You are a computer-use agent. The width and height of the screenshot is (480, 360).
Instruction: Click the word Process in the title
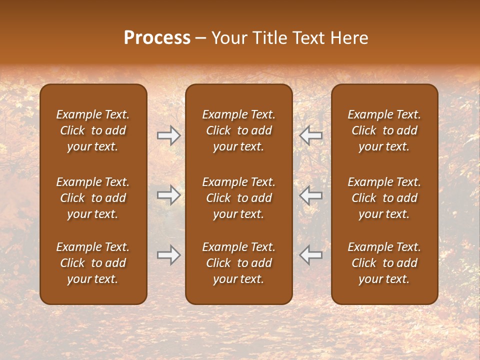click(157, 38)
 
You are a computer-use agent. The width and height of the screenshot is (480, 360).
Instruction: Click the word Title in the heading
click(268, 38)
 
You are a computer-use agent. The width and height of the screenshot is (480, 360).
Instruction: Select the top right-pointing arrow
click(168, 135)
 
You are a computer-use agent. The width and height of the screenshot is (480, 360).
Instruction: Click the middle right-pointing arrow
click(168, 195)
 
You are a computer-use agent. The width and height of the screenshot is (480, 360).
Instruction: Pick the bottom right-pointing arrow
click(168, 255)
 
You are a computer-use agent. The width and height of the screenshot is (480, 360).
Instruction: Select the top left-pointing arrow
click(311, 135)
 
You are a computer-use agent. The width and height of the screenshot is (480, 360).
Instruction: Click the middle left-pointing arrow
click(311, 195)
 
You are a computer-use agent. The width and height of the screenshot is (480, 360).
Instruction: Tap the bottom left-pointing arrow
click(311, 255)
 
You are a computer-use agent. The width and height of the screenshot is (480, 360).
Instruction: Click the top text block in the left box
click(93, 130)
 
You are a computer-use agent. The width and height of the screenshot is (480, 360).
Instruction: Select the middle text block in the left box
click(93, 198)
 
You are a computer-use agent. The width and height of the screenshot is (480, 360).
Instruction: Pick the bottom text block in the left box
click(93, 263)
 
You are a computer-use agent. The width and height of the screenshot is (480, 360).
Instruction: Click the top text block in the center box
click(238, 130)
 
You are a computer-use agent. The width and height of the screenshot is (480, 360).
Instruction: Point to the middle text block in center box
click(238, 198)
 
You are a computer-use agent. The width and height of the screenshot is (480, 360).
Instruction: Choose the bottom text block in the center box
click(238, 263)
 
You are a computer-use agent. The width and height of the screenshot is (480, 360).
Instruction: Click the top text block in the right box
click(384, 130)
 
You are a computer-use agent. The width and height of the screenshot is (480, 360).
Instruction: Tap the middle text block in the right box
click(384, 198)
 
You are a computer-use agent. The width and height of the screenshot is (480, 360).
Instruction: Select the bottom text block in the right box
click(384, 263)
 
